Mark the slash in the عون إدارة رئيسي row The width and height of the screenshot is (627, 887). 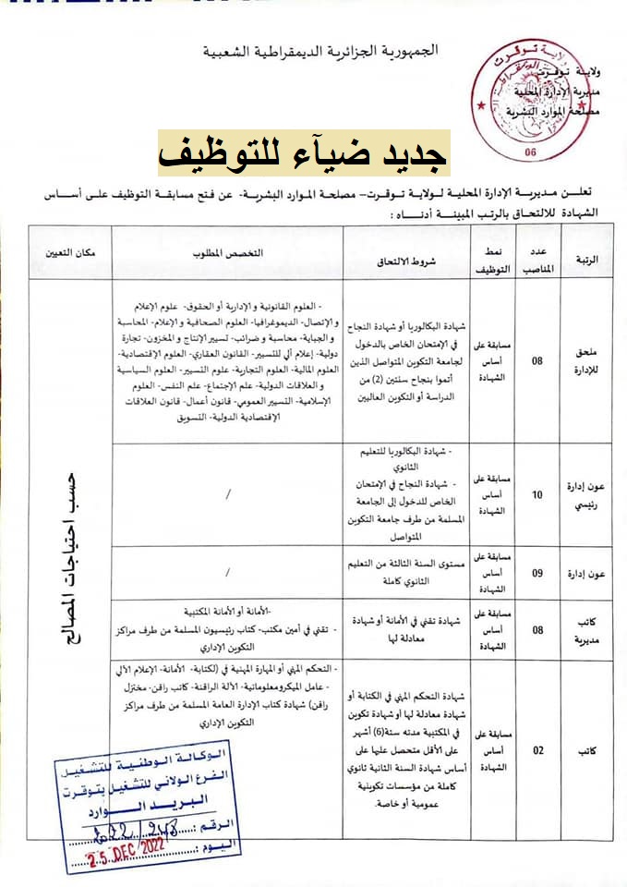[x=227, y=495]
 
